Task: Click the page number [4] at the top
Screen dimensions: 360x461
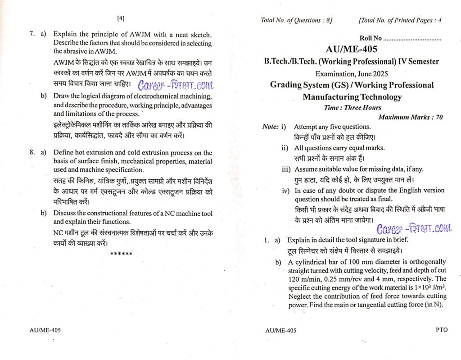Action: (x=121, y=18)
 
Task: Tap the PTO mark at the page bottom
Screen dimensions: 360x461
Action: (x=442, y=330)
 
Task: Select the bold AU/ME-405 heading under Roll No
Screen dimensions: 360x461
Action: (x=351, y=50)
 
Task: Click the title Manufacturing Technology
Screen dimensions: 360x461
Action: (x=352, y=96)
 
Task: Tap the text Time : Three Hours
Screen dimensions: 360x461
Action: (x=353, y=107)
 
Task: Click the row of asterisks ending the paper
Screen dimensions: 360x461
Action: (x=121, y=254)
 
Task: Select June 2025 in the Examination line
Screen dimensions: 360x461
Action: (x=371, y=73)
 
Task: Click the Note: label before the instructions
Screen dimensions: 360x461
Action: (x=270, y=127)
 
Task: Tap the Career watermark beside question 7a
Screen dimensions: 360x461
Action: (x=176, y=85)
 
